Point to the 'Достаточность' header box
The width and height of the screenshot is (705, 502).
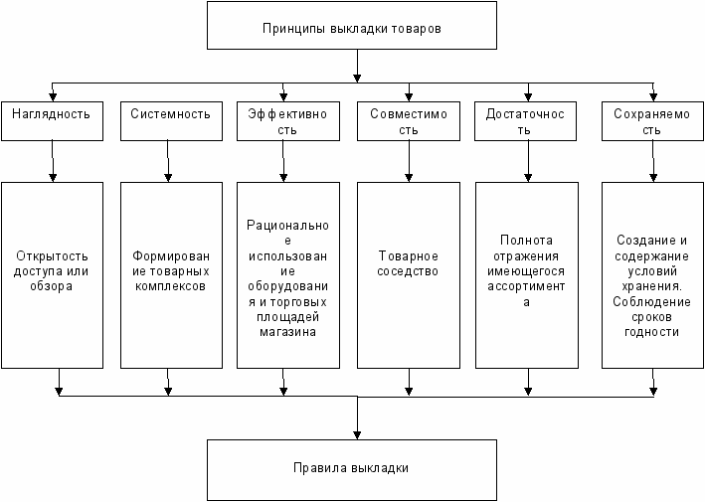coord(525,121)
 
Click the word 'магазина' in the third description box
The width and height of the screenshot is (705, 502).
coord(286,333)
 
